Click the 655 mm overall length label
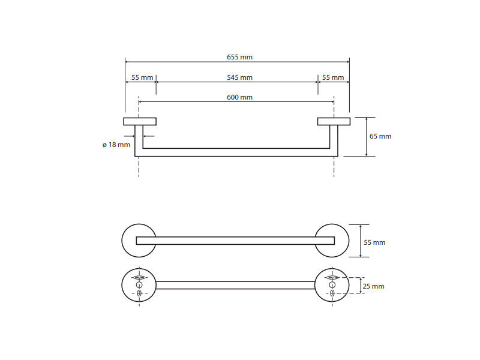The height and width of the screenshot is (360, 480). pyautogui.click(x=239, y=57)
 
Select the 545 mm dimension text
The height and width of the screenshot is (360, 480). pyautogui.click(x=239, y=78)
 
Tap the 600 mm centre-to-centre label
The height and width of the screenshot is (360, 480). pyautogui.click(x=239, y=98)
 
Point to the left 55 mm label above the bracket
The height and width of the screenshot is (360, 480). pyautogui.click(x=142, y=78)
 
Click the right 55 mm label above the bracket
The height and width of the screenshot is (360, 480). pyautogui.click(x=333, y=78)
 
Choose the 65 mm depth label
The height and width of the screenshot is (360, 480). pyautogui.click(x=380, y=137)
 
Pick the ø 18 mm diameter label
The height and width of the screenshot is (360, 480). pyautogui.click(x=116, y=145)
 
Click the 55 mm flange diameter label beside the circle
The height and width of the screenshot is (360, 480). pyautogui.click(x=374, y=243)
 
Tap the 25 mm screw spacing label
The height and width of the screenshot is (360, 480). pyautogui.click(x=373, y=287)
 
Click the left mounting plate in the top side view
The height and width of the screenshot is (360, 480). pyautogui.click(x=140, y=122)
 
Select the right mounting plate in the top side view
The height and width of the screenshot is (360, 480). pyautogui.click(x=334, y=122)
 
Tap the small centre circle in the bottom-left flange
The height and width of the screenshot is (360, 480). pyautogui.click(x=139, y=286)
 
